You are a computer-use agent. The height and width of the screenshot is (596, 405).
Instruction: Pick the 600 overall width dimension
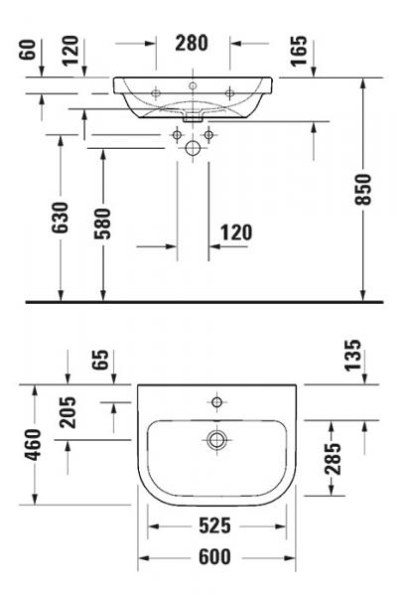coord(216,558)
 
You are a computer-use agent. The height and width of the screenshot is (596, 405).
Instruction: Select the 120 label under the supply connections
coord(235,232)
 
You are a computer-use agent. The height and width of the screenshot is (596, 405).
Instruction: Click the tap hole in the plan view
coord(216,402)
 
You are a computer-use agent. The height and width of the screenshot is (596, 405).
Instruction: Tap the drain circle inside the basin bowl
coord(216,438)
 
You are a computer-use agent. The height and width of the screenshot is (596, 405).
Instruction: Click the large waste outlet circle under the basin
coord(193,148)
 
